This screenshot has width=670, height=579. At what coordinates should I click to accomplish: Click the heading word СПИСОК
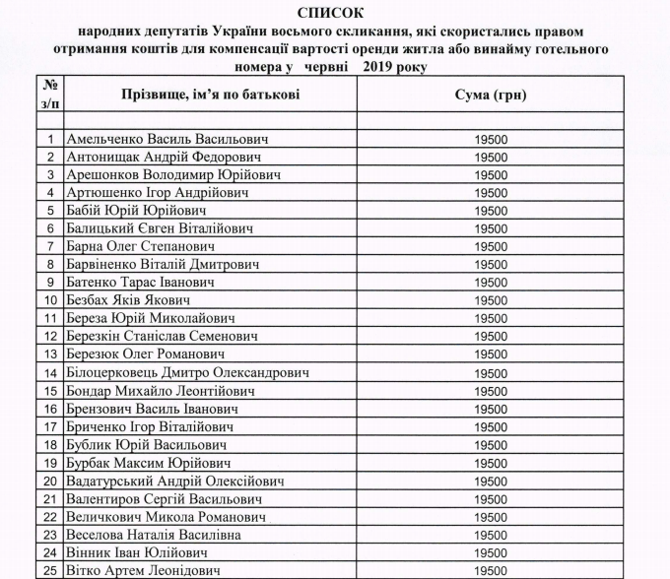pos(335,13)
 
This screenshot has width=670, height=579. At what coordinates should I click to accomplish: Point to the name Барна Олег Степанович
pos(141,246)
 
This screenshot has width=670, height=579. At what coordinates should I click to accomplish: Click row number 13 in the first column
pos(50,354)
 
